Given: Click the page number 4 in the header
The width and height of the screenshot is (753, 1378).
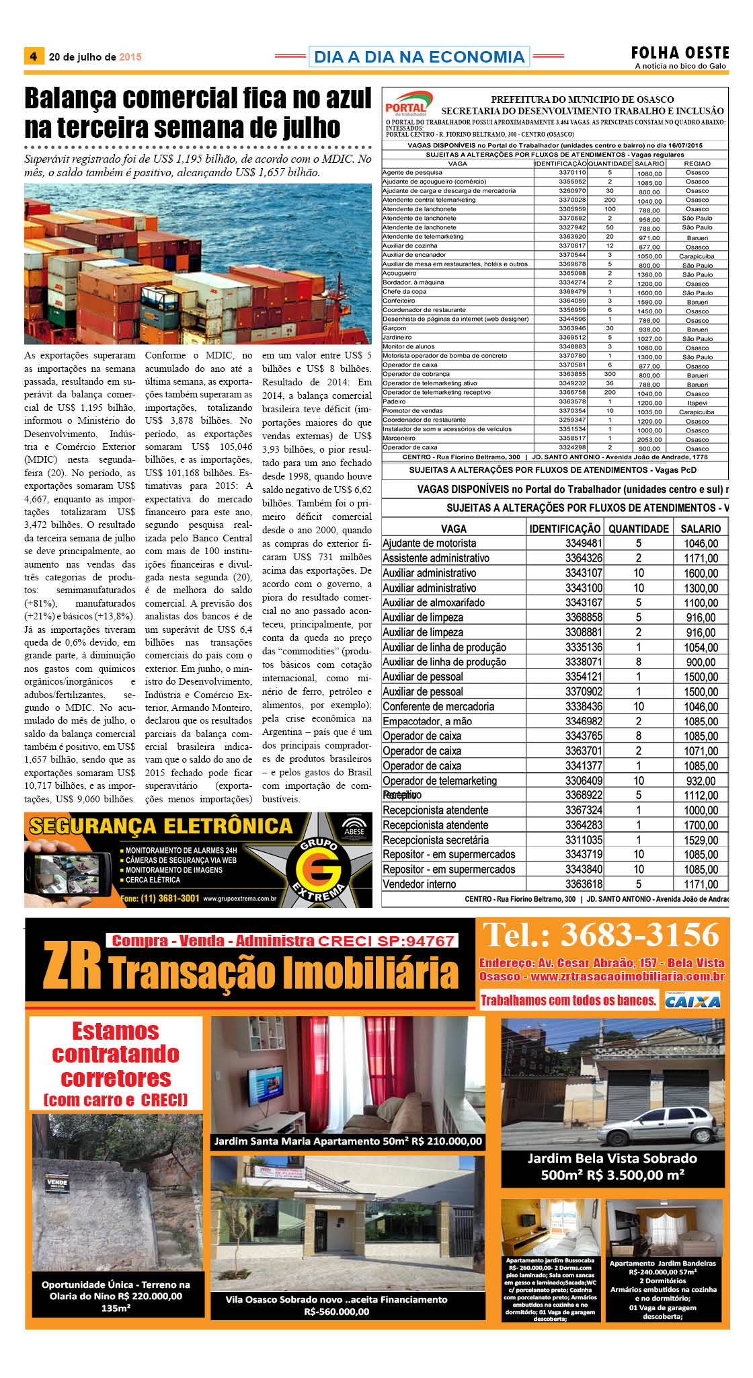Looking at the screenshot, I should pos(33,56).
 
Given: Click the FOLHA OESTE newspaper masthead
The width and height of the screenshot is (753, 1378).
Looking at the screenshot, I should pos(680,53).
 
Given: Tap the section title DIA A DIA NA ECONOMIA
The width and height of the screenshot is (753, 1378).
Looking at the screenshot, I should pos(419,57).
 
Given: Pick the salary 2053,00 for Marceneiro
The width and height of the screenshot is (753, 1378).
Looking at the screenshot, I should pos(649,439).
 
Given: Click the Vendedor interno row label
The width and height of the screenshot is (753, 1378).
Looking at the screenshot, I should pos(420,884).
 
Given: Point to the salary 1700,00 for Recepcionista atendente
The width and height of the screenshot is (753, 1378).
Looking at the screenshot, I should pos(701,825).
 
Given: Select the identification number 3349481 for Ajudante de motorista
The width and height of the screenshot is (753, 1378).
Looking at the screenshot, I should pos(583,543).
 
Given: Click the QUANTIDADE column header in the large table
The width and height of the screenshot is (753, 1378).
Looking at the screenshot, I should pos(638,529).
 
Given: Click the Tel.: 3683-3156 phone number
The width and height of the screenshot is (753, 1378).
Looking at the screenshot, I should pos(601,935).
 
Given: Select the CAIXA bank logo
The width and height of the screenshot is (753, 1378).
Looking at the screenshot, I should pos(692,1001).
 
